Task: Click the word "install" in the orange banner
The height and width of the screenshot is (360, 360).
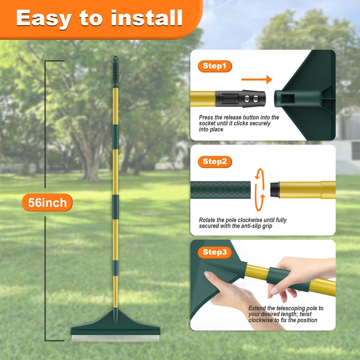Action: coord(147,18)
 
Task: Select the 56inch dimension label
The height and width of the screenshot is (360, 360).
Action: coord(47,203)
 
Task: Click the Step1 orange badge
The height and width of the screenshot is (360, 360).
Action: coord(215,66)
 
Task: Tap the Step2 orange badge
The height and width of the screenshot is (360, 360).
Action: coord(215,162)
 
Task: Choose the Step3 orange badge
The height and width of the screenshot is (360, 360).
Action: coord(215,252)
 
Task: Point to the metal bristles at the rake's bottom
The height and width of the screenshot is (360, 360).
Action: coord(115,338)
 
